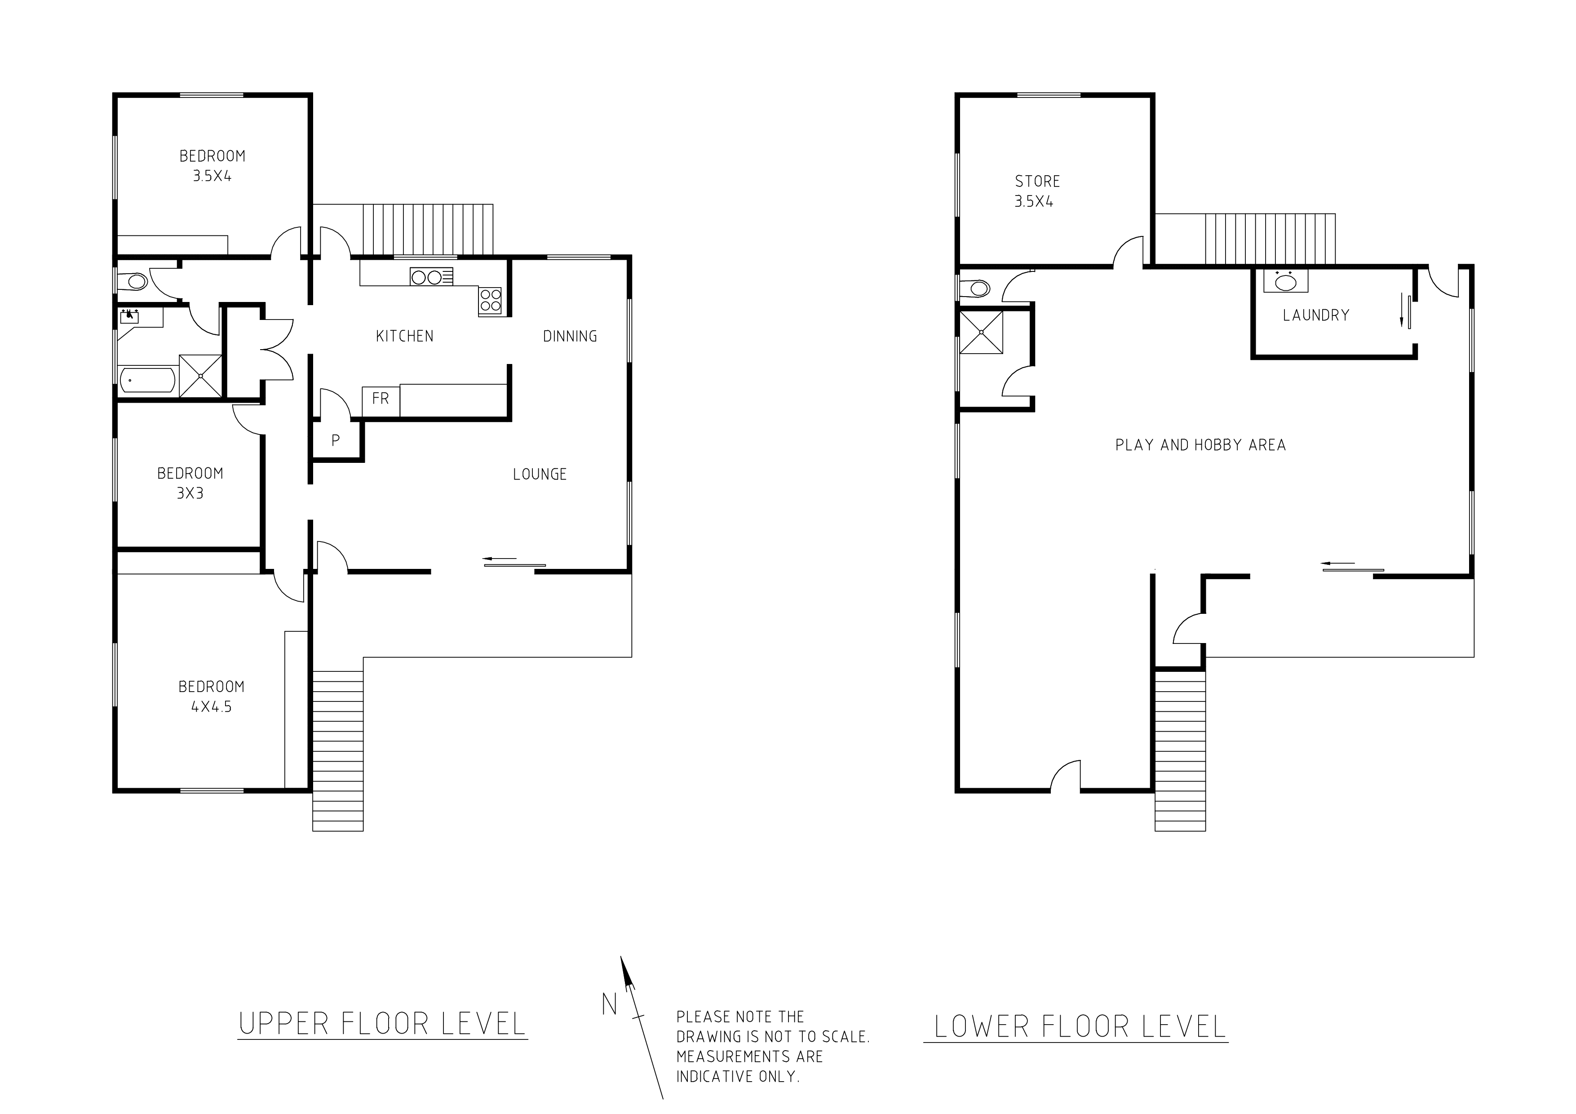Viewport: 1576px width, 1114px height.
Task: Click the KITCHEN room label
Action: tap(404, 336)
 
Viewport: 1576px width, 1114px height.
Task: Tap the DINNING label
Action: tap(570, 336)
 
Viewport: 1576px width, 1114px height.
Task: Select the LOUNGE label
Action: tap(540, 474)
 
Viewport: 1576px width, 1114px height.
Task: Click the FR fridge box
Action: tap(380, 401)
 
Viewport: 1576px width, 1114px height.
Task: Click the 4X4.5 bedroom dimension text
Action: tap(212, 707)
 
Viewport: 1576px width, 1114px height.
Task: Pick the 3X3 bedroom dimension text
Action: tap(190, 493)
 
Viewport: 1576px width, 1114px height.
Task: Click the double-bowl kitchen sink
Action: tap(431, 277)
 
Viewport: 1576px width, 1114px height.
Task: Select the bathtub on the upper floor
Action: tap(147, 380)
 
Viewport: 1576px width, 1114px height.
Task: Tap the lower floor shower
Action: tap(981, 332)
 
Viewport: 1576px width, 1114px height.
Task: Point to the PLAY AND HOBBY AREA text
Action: tap(1200, 445)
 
